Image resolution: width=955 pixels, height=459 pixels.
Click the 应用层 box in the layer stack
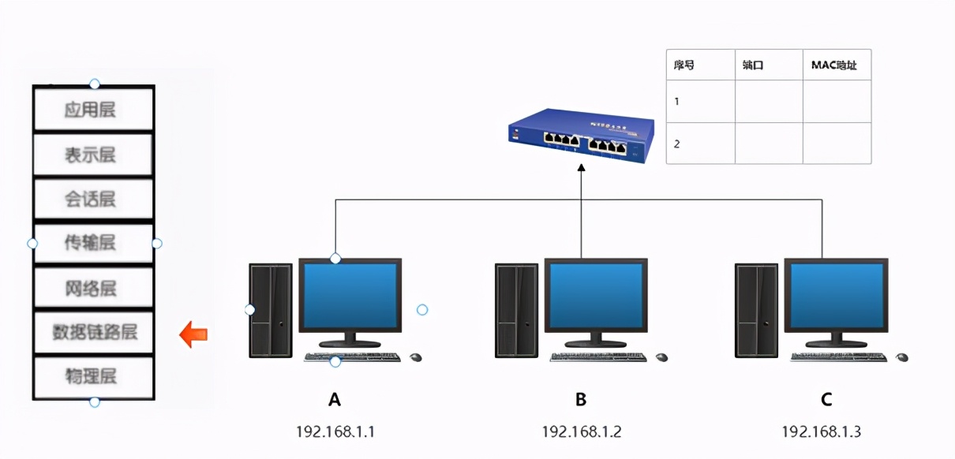(x=92, y=109)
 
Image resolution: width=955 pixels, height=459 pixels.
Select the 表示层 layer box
(x=92, y=155)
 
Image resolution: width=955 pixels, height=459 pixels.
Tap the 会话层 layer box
(x=92, y=199)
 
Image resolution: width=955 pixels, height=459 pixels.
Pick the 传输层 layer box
(x=92, y=243)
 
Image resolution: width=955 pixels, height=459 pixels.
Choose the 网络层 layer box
(x=92, y=288)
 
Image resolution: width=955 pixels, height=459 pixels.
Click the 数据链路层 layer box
(x=92, y=332)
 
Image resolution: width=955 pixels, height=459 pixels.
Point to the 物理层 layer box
(x=92, y=376)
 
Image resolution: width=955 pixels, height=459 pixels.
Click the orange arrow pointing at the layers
(x=193, y=334)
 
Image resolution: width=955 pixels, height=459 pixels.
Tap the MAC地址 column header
(x=836, y=65)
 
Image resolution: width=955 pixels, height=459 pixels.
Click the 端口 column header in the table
(x=768, y=65)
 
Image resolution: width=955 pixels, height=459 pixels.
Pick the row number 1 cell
(x=700, y=101)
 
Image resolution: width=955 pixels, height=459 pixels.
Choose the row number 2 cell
(x=700, y=144)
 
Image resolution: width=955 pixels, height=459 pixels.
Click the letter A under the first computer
(x=335, y=399)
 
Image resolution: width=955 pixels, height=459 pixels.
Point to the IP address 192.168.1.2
(x=581, y=432)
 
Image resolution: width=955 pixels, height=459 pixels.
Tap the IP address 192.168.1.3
(x=821, y=432)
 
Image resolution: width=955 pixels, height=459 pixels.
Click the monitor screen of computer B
(x=596, y=295)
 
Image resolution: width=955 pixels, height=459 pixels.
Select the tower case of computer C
(x=756, y=310)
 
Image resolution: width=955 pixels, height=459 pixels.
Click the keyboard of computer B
(x=598, y=357)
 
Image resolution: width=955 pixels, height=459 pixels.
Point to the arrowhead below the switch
(x=581, y=168)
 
